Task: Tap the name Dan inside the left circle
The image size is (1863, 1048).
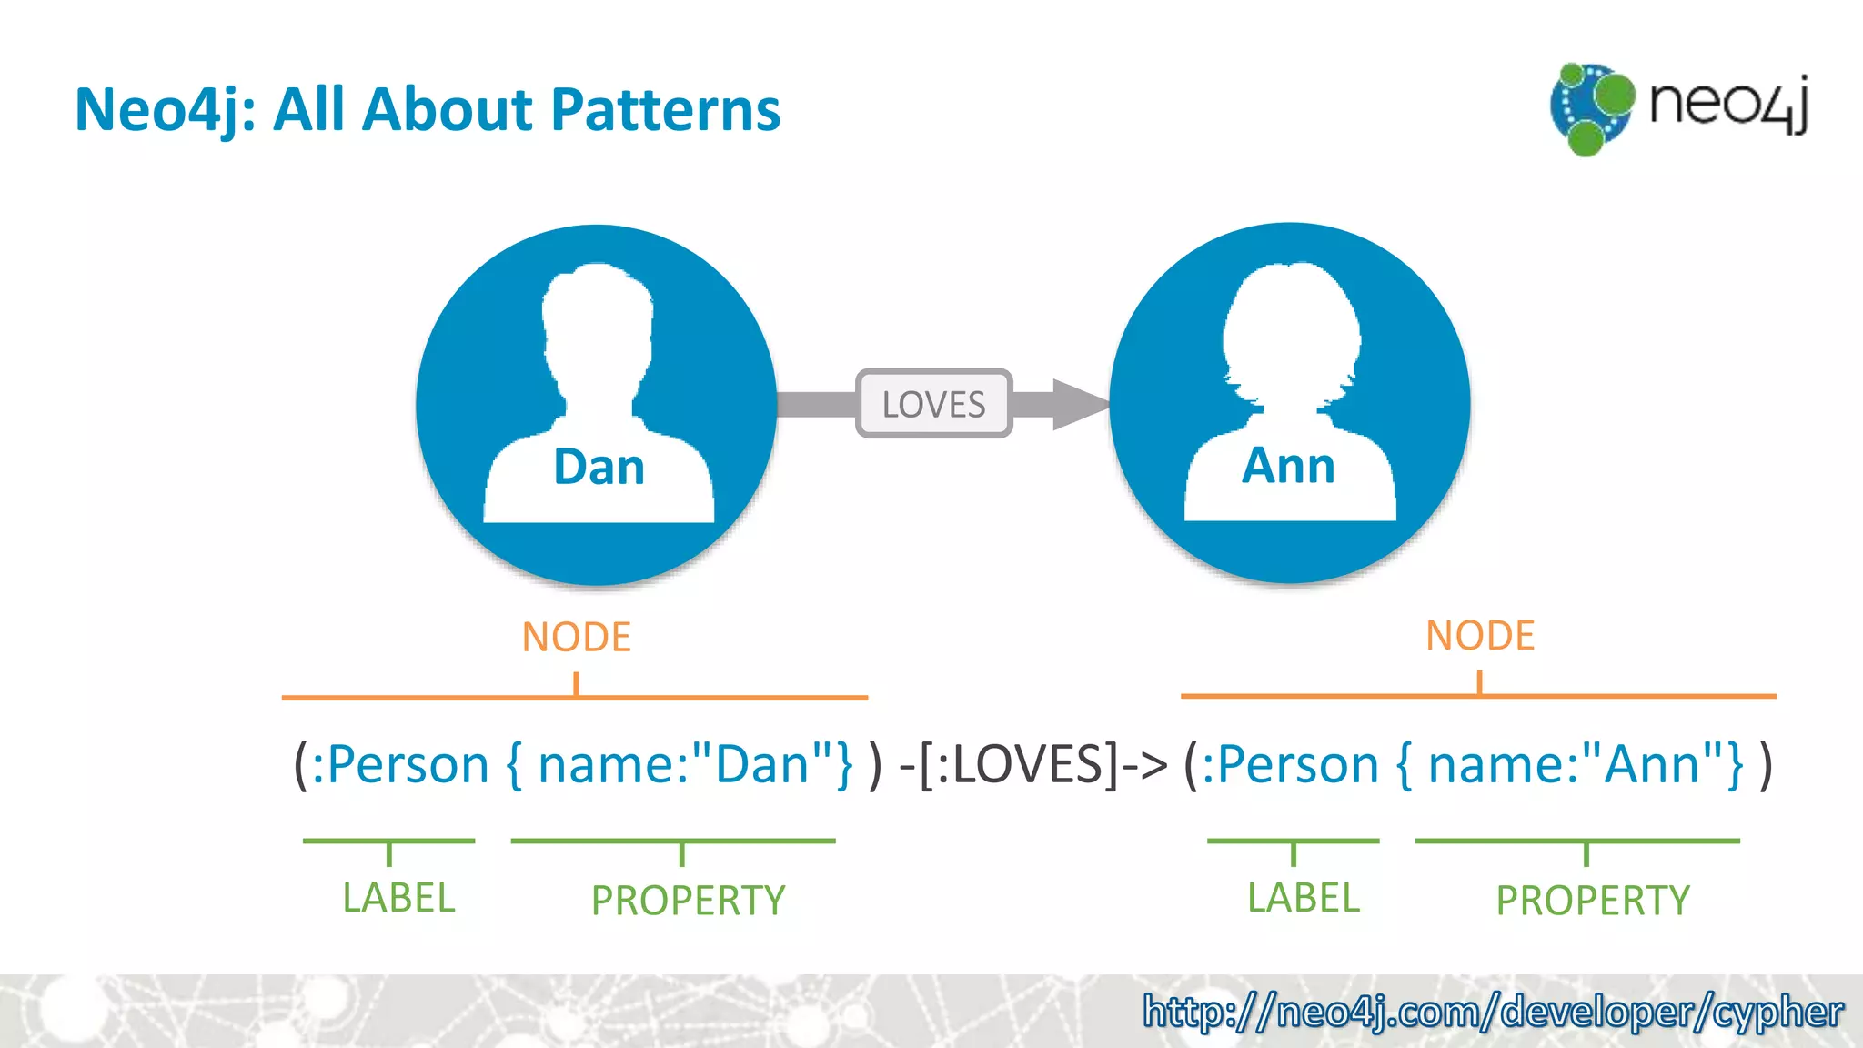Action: [x=599, y=468]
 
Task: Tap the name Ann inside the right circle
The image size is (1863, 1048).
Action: [x=1288, y=466]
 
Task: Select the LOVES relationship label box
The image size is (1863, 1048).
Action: [x=933, y=404]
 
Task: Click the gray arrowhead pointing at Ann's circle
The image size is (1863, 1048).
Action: [x=1079, y=404]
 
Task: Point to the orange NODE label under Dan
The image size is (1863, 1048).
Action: [x=576, y=637]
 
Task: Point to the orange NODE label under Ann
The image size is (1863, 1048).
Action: [x=1480, y=635]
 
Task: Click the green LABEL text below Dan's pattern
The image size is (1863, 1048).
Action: [x=398, y=898]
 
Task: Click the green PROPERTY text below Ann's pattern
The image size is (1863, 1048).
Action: [x=1593, y=901]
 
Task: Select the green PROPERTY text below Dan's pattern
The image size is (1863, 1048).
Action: [x=688, y=901]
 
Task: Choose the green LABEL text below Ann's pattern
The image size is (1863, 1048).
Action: [x=1303, y=898]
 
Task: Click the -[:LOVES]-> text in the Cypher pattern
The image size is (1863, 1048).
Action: [x=1032, y=764]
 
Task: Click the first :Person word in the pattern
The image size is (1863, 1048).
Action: [x=400, y=764]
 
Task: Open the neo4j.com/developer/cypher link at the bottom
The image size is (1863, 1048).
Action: [x=1493, y=1012]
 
